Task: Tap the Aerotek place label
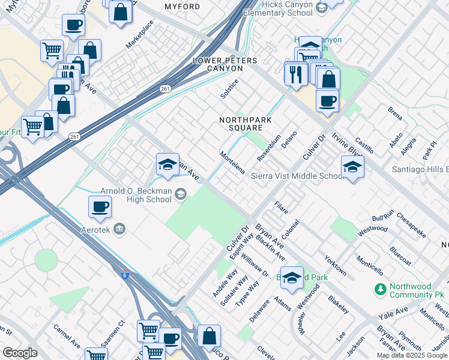click(96, 229)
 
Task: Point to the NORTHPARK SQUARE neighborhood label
click(245, 124)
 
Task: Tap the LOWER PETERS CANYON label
click(224, 65)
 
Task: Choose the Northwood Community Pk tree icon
click(380, 290)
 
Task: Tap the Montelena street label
click(232, 163)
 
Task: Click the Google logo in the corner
click(20, 353)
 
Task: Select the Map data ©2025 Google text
click(412, 355)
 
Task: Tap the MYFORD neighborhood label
click(182, 7)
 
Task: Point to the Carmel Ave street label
click(67, 338)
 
